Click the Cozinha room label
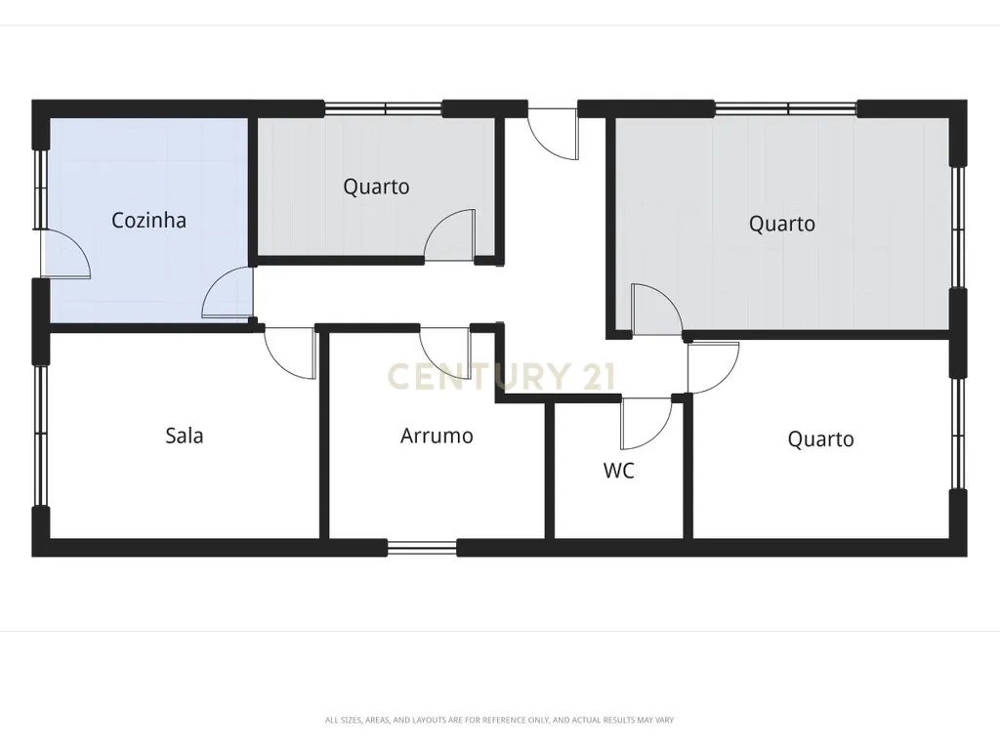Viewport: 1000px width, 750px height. pos(148,220)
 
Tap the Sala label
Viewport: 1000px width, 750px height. pos(185,436)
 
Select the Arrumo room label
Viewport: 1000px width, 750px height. pos(437,436)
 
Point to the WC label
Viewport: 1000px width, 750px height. pos(618,471)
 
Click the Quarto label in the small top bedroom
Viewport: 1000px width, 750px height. pos(376,187)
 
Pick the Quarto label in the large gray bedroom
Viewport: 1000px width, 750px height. pos(782,224)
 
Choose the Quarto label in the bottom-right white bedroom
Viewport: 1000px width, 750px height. pos(820,439)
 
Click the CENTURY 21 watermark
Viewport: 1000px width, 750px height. pos(501,376)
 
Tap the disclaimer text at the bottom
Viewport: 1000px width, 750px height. pos(499,720)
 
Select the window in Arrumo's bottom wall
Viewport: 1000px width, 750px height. pos(422,548)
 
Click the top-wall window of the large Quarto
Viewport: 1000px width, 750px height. pos(786,109)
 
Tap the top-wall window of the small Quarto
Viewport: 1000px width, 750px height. pos(383,109)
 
